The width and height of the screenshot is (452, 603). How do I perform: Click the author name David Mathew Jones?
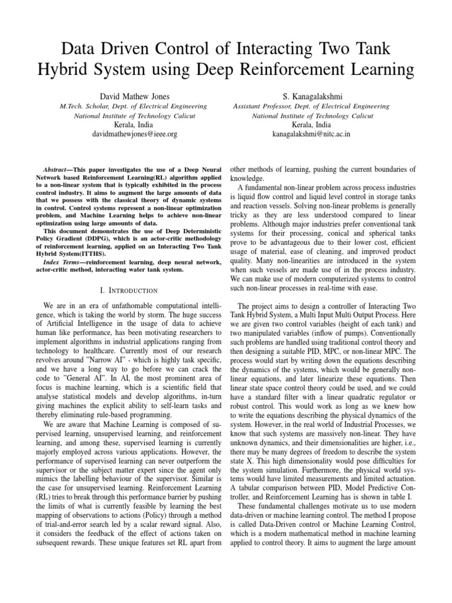[135, 95]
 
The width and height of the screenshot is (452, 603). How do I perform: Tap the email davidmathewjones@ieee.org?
[135, 134]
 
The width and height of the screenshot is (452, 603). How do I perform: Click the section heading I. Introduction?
[129, 291]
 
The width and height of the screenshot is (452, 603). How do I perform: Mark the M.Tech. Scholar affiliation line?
[135, 106]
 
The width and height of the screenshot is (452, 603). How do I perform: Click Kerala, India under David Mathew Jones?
[135, 124]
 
